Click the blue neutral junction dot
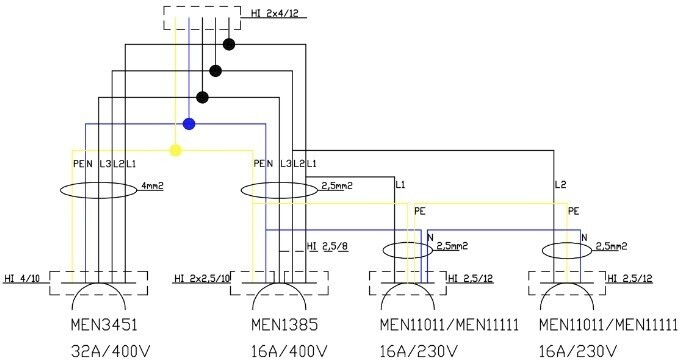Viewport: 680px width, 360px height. (x=189, y=124)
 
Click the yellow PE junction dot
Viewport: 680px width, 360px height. (x=175, y=151)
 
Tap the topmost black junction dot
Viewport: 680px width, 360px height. (x=229, y=44)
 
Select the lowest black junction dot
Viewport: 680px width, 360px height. (x=203, y=98)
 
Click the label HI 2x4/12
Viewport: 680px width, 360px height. (x=275, y=13)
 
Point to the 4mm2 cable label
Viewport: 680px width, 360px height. (x=152, y=186)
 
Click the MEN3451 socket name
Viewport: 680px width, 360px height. (x=104, y=324)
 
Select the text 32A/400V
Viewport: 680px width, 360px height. (x=110, y=350)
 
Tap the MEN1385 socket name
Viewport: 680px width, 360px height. (x=284, y=324)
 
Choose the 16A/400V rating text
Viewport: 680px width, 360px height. (x=289, y=350)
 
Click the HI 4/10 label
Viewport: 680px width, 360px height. (x=22, y=278)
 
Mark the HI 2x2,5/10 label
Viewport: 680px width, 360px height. (x=202, y=278)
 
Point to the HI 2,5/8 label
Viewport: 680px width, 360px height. (x=327, y=247)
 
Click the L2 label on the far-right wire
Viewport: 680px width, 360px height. (x=561, y=185)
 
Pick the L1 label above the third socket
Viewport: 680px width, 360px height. (x=400, y=185)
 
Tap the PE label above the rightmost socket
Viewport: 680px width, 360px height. (x=574, y=211)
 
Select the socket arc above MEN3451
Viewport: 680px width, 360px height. (x=98, y=284)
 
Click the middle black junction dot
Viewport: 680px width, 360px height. (x=216, y=71)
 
